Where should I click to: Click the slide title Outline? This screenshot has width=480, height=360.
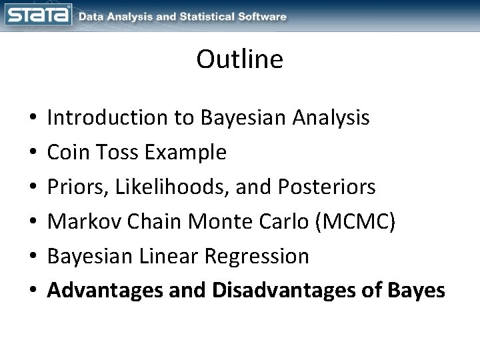click(x=240, y=60)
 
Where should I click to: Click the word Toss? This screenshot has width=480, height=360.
click(x=117, y=153)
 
